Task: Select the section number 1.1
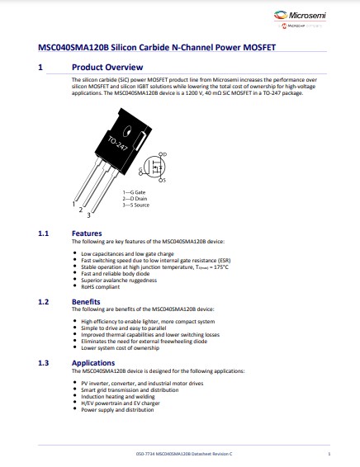click(x=45, y=233)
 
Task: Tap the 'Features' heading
click(x=87, y=233)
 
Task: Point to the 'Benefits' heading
click(x=87, y=303)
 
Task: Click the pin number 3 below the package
click(x=89, y=215)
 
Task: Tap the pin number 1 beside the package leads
click(x=73, y=203)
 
